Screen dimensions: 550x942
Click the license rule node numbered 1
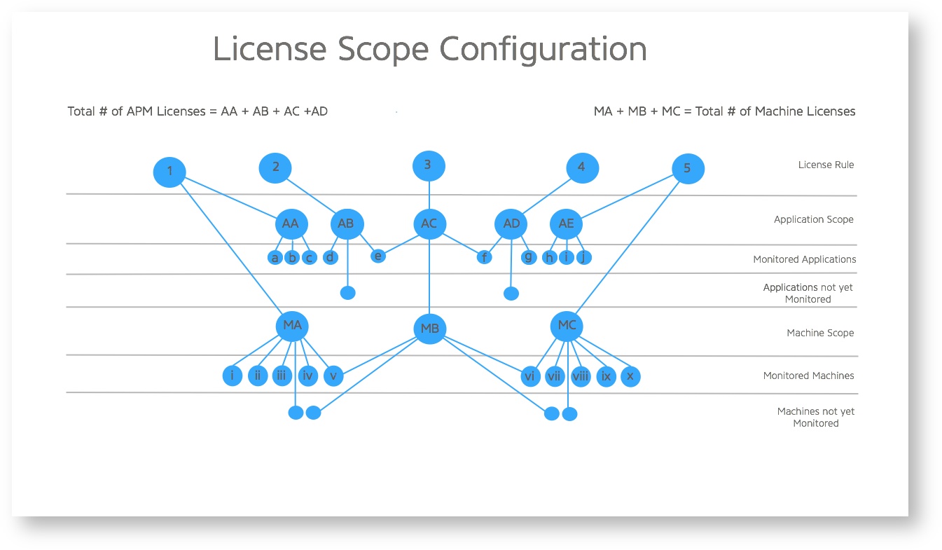click(169, 172)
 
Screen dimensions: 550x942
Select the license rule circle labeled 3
click(429, 166)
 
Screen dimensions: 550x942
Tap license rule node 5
click(687, 169)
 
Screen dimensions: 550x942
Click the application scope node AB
click(346, 224)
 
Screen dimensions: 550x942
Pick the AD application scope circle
click(511, 224)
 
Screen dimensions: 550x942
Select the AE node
click(566, 224)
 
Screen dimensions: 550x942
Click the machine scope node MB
click(429, 329)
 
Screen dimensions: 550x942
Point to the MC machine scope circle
click(567, 326)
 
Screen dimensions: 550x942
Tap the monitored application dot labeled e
click(378, 256)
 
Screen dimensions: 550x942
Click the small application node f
click(484, 257)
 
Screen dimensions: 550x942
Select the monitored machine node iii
click(282, 376)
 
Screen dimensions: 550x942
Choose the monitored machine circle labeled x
click(630, 376)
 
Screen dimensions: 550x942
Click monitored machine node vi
click(529, 376)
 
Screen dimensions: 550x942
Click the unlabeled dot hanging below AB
click(347, 292)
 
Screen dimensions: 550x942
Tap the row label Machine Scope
click(820, 333)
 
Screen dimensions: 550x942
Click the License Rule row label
click(826, 165)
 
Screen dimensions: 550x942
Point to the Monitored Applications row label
click(804, 259)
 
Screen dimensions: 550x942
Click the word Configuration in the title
click(543, 49)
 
